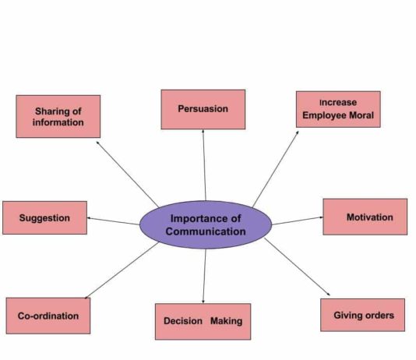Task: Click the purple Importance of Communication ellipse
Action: tap(206, 224)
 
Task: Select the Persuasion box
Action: tap(203, 109)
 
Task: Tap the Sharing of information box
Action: tap(58, 116)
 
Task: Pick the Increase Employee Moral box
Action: tap(338, 109)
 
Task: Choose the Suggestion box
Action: tap(44, 218)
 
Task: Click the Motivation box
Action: tap(365, 217)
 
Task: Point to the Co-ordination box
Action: tap(48, 316)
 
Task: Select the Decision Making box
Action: tap(203, 322)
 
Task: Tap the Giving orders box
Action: tap(363, 315)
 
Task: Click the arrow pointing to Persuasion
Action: tap(204, 165)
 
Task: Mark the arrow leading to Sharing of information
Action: tap(127, 175)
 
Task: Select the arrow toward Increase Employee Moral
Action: tap(276, 169)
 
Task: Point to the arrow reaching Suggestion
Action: tap(113, 221)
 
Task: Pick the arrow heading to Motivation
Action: tap(298, 221)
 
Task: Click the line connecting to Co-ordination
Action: tap(122, 270)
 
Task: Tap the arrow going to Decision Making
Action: tap(205, 276)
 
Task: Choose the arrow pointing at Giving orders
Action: tap(297, 266)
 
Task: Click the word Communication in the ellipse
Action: tap(206, 231)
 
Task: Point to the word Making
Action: tap(226, 321)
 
